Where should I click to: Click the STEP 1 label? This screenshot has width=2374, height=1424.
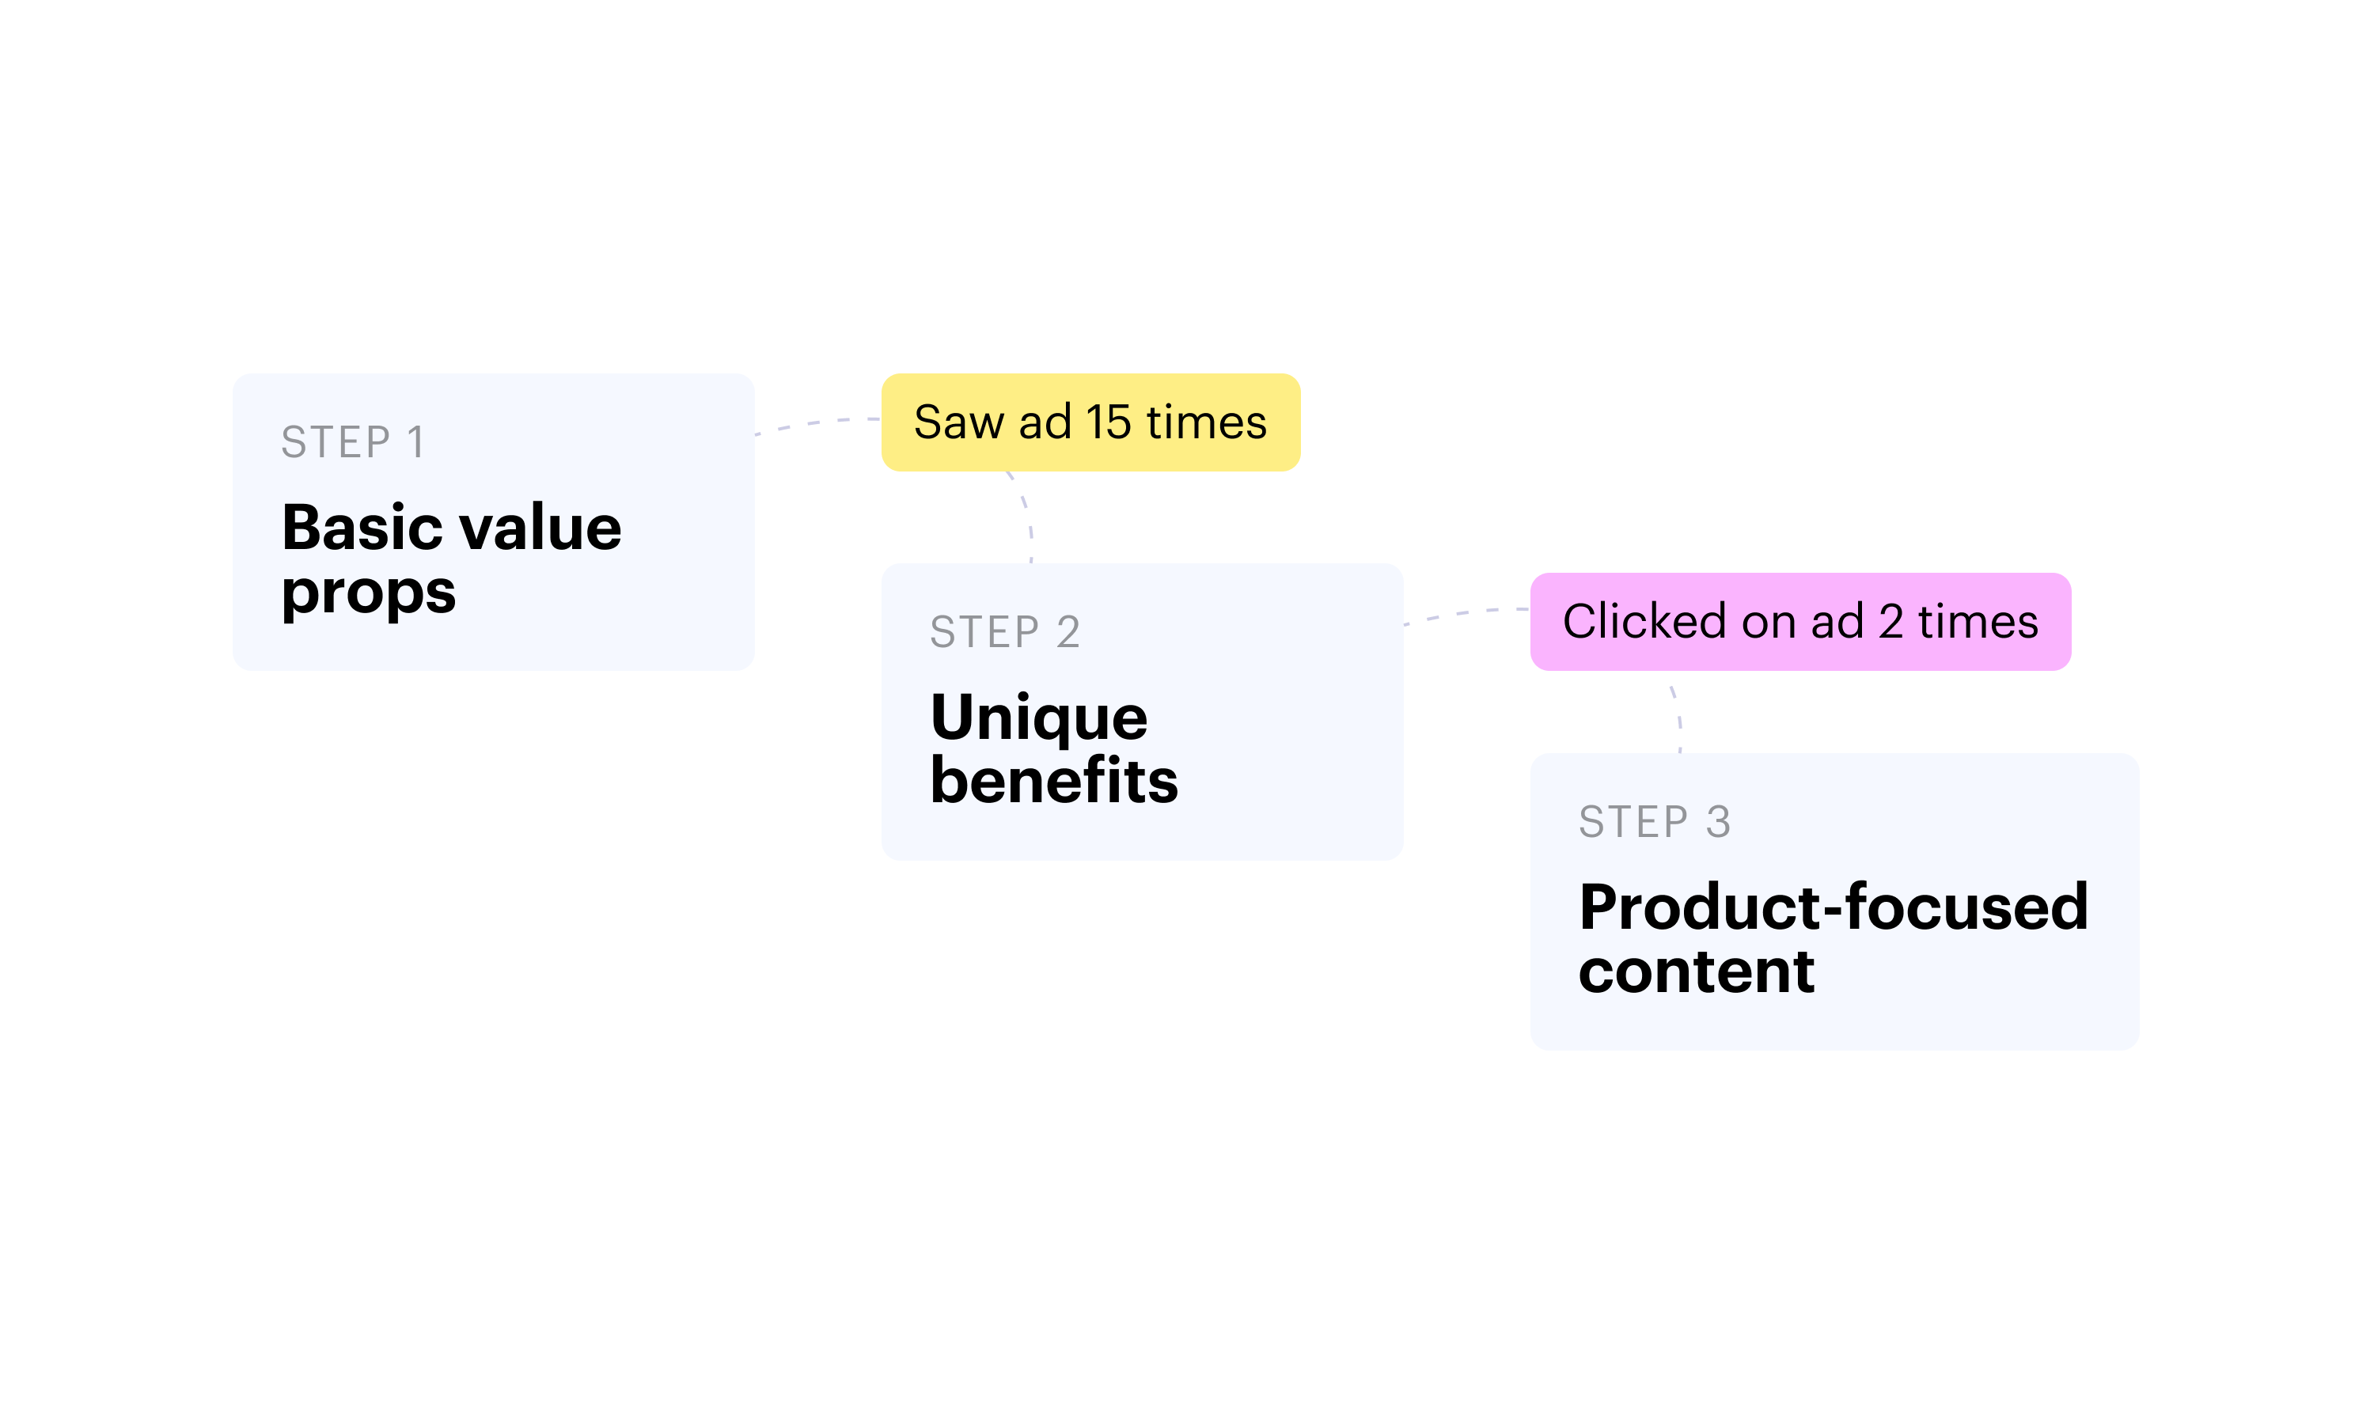tap(352, 442)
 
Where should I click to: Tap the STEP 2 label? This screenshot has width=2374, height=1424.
tap(1005, 632)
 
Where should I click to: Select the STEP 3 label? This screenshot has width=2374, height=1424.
tap(1655, 822)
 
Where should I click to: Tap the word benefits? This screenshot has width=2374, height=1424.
tap(1053, 779)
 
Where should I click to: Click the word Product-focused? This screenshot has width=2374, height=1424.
tap(1834, 907)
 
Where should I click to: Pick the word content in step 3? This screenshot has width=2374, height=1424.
tap(1697, 970)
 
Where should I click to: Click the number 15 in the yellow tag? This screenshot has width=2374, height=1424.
tap(1109, 422)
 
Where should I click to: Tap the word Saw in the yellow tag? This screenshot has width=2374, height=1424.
tap(958, 422)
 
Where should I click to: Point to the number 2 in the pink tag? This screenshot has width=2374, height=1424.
tap(1890, 622)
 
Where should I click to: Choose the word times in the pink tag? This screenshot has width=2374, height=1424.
tap(1978, 622)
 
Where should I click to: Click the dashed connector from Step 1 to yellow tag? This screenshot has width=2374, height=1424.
tap(817, 423)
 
